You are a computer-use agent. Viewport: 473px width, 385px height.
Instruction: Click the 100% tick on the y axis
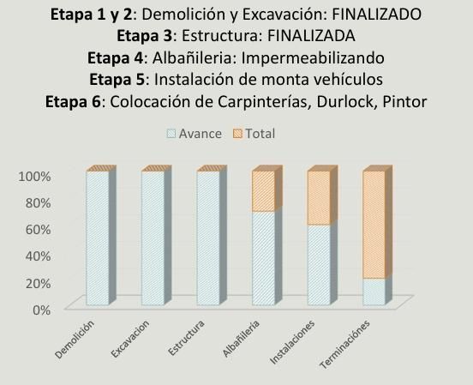34,177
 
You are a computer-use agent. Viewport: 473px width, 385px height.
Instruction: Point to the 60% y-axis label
38,230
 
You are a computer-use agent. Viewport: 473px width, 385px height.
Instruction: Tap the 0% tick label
41,310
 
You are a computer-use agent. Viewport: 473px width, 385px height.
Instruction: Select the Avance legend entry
195,134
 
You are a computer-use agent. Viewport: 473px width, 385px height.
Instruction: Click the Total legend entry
254,134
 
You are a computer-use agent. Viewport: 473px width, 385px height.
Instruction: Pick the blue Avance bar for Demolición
98,238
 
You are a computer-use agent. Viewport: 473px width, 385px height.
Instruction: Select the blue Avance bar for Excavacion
153,238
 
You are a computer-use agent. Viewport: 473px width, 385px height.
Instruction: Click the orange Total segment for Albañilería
264,191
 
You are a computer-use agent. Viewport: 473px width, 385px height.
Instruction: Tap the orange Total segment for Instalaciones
319,198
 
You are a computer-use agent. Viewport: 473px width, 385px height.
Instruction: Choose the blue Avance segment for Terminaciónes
374,292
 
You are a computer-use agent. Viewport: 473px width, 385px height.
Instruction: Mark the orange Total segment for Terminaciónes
374,225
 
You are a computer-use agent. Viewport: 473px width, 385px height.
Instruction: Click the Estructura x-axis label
186,338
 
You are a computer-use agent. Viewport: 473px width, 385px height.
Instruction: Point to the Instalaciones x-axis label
292,342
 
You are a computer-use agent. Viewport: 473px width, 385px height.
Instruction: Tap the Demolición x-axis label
75,339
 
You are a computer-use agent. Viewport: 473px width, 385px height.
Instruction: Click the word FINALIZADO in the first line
376,15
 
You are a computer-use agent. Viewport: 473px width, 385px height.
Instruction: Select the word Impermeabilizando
313,57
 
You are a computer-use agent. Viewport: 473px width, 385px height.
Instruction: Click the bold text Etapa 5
117,80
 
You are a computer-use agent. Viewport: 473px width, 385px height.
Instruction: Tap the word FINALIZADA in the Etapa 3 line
311,36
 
